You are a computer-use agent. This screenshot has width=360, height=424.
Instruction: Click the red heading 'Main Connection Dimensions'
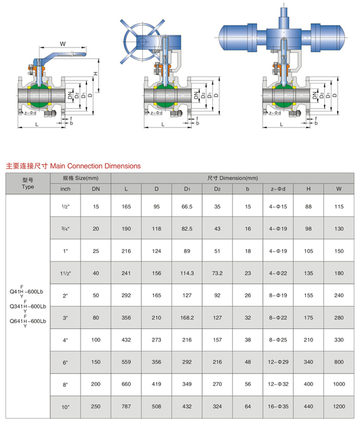pyautogui.click(x=73, y=166)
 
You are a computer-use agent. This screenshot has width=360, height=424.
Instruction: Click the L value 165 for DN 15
pyautogui.click(x=127, y=206)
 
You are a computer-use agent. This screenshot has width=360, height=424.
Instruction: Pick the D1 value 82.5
pyautogui.click(x=187, y=228)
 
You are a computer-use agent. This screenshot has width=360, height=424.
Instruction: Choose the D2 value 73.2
pyautogui.click(x=217, y=273)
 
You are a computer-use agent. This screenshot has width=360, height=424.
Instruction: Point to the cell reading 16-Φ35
pyautogui.click(x=278, y=407)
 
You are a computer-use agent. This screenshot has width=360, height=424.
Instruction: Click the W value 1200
pyautogui.click(x=339, y=407)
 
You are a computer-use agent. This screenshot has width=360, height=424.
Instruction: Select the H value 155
pyautogui.click(x=309, y=295)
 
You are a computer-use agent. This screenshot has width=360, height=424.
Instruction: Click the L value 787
pyautogui.click(x=127, y=407)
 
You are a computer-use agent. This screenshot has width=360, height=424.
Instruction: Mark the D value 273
pyautogui.click(x=157, y=340)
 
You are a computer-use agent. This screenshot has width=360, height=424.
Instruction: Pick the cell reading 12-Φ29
pyautogui.click(x=278, y=362)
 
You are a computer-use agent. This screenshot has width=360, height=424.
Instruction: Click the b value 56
pyautogui.click(x=247, y=384)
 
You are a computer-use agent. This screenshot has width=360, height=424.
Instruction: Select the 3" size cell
pyautogui.click(x=65, y=318)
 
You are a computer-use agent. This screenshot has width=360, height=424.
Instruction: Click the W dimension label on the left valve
pyautogui.click(x=62, y=44)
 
